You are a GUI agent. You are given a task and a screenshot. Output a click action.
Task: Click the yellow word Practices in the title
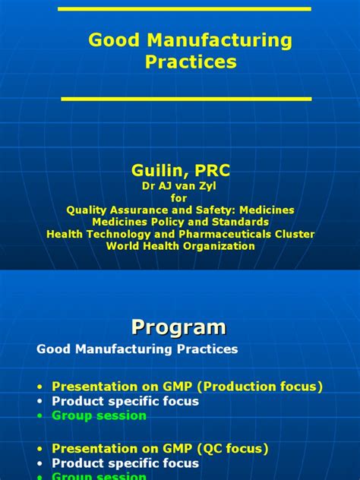click(191, 62)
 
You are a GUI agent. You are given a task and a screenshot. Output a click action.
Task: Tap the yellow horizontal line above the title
click(185, 8)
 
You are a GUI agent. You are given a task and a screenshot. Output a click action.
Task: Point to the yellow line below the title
click(186, 99)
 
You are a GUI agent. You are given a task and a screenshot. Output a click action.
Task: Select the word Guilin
click(158, 172)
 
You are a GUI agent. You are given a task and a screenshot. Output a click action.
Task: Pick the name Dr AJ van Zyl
click(179, 186)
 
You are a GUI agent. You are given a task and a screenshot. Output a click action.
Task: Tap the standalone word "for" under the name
click(179, 197)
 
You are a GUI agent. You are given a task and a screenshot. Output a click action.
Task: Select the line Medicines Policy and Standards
click(180, 222)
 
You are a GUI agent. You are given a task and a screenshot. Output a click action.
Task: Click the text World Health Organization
click(180, 246)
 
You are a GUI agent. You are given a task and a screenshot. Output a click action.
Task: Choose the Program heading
click(179, 327)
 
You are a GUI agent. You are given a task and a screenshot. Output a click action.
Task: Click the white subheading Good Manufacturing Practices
click(137, 349)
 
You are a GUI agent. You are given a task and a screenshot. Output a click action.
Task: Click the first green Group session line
click(99, 415)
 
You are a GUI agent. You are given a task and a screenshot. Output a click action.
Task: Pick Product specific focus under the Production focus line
click(125, 401)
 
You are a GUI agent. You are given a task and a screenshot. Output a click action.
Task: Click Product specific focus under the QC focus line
click(125, 463)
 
